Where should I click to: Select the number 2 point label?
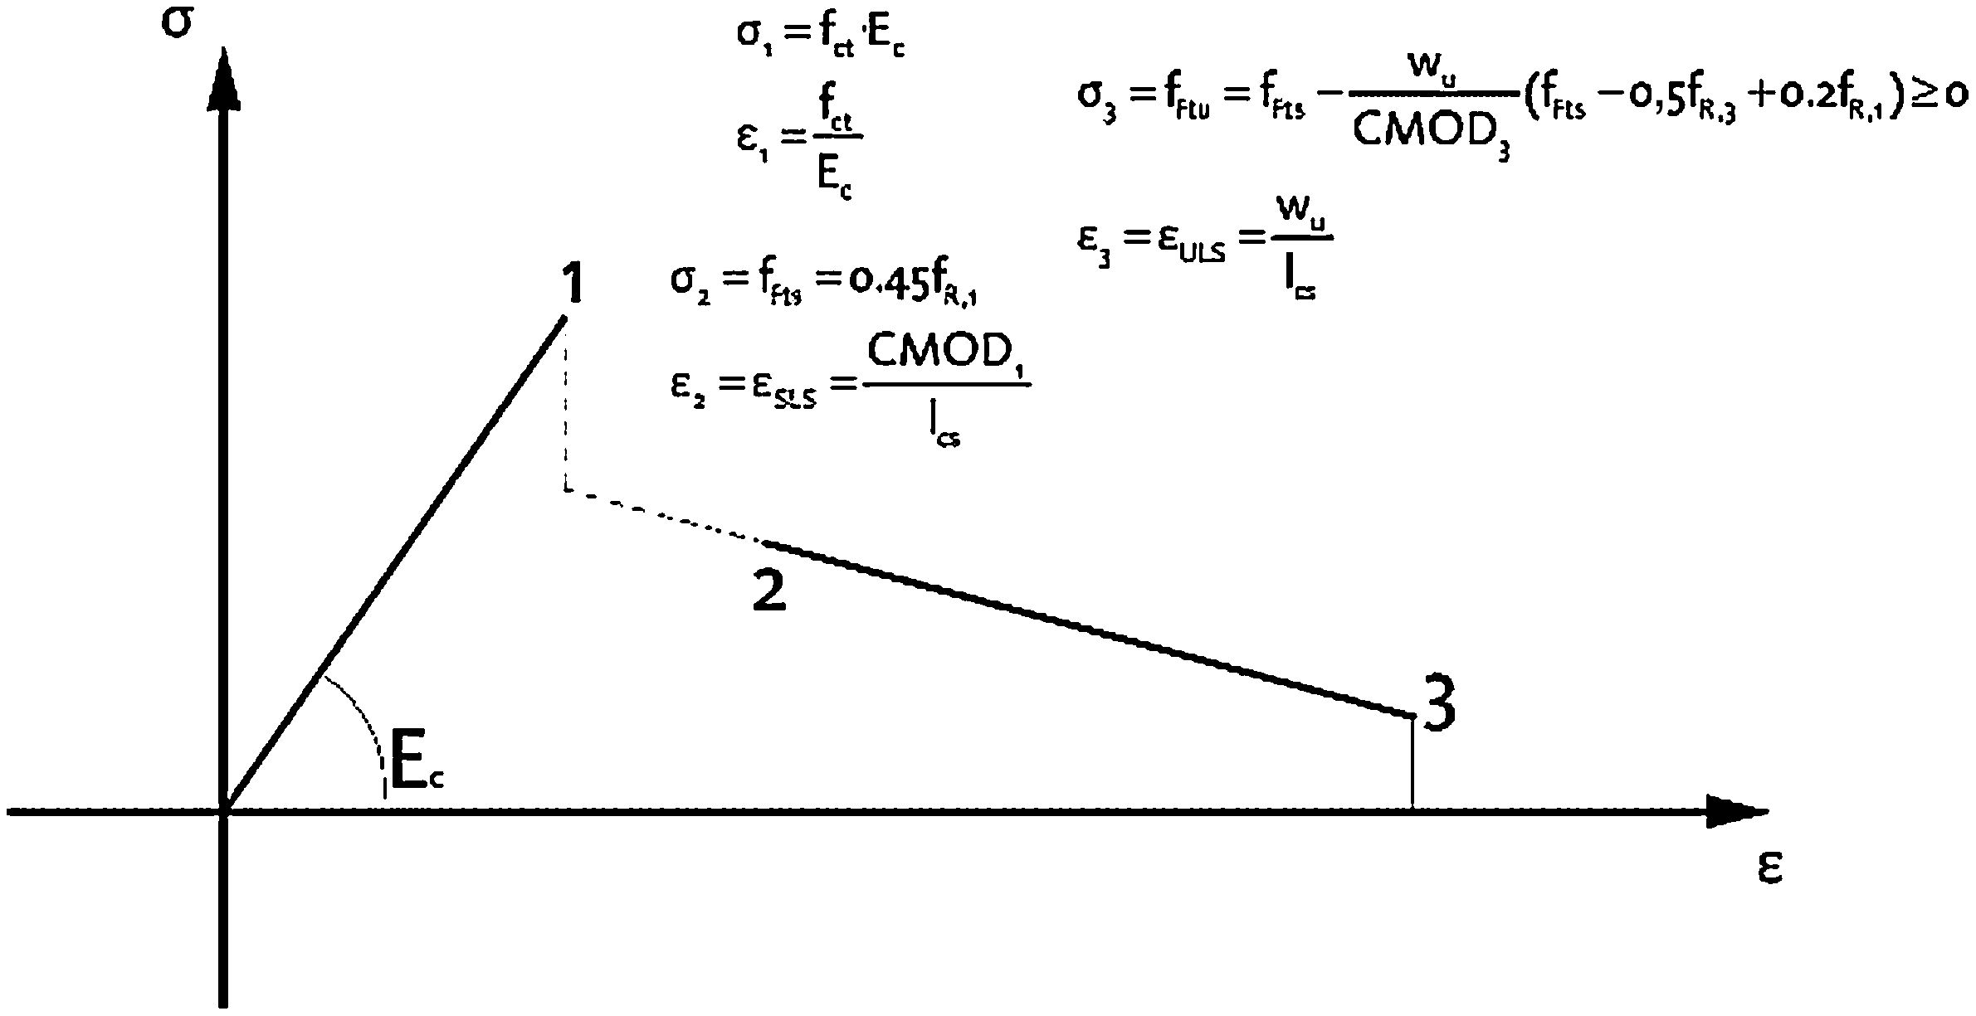pyautogui.click(x=768, y=592)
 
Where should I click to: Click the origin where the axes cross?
pyautogui.click(x=223, y=810)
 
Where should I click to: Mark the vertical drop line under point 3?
pyautogui.click(x=1412, y=763)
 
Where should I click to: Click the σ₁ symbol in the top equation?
pyautogui.click(x=754, y=38)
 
